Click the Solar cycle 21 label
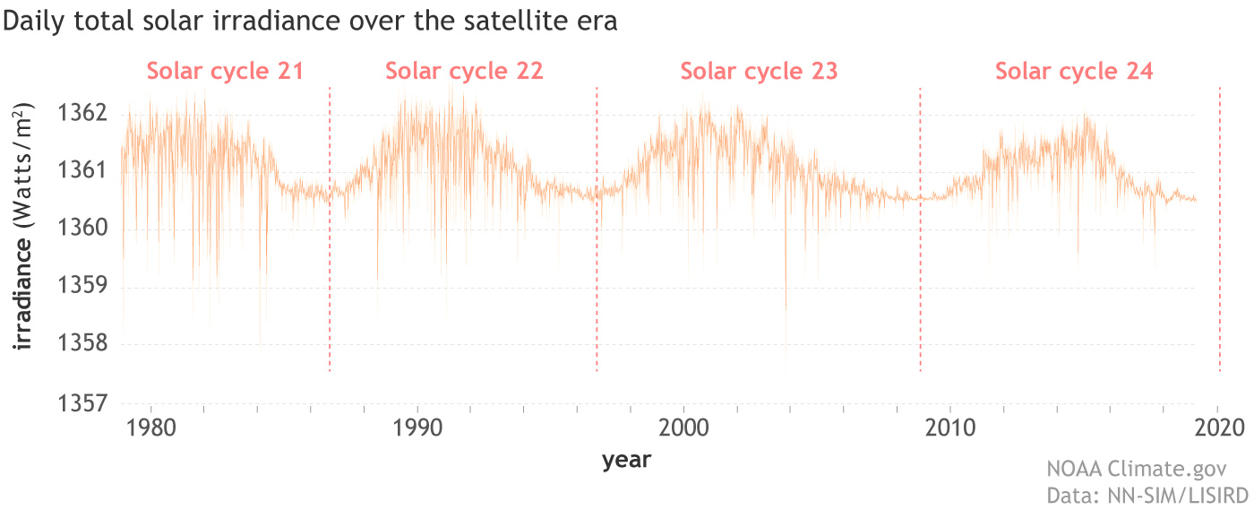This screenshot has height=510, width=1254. tap(226, 71)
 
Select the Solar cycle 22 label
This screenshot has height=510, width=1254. tap(464, 71)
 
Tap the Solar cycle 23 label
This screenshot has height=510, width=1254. tap(759, 71)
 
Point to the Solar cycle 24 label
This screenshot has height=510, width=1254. tap(1074, 71)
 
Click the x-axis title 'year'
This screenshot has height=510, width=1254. tap(626, 461)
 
